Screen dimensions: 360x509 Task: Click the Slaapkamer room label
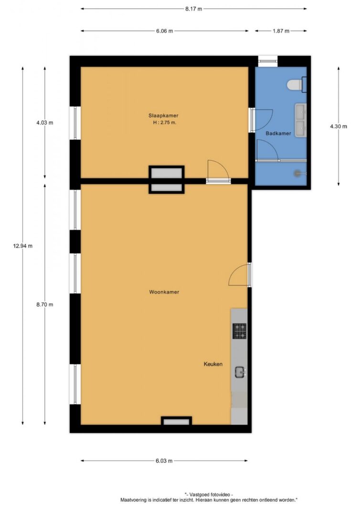[x=163, y=115]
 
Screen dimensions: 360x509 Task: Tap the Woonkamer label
[x=164, y=292]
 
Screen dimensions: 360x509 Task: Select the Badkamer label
[x=278, y=133]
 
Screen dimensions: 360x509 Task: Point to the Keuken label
[x=213, y=364]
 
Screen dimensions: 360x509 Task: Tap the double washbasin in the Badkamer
[x=300, y=120]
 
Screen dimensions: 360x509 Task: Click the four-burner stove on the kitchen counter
[x=240, y=331]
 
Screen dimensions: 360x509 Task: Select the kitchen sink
[x=240, y=372]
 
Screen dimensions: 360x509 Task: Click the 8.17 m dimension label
[x=194, y=9]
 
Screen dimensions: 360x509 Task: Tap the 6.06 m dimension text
[x=165, y=31]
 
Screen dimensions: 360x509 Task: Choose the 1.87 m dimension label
[x=281, y=31]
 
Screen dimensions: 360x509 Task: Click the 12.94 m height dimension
[x=23, y=246]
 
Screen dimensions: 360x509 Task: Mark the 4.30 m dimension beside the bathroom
[x=339, y=126]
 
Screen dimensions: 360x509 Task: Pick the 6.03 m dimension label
[x=164, y=461]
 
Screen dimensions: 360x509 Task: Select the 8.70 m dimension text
[x=45, y=304]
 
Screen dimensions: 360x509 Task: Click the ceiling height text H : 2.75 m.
[x=165, y=123]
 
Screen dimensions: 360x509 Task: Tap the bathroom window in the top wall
[x=268, y=61]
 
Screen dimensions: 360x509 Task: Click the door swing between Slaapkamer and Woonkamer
[x=218, y=169]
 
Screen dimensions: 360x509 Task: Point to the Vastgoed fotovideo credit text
[x=209, y=495]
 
